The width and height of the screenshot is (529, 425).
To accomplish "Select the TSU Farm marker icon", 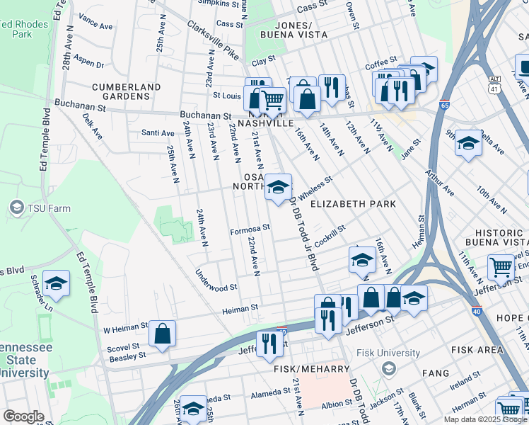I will [x=16, y=207].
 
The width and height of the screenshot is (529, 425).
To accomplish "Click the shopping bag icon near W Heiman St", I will [x=162, y=334].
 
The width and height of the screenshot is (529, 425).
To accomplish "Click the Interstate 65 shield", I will [x=446, y=103].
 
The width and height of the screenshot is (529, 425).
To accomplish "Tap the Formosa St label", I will [x=250, y=228].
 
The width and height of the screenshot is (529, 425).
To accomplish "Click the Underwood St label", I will [x=216, y=287].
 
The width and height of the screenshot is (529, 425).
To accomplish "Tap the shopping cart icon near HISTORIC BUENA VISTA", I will [x=501, y=268].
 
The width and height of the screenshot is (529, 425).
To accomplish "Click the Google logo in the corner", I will [x=23, y=416].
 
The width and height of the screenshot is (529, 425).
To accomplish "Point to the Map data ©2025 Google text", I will [x=485, y=419].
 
